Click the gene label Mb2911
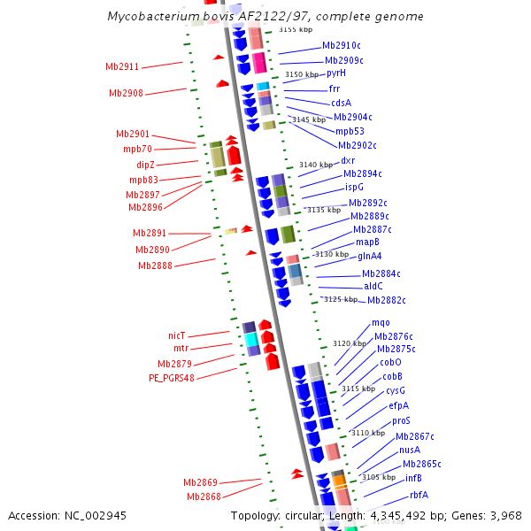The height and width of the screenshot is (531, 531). point(122,66)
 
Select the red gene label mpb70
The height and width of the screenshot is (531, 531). point(138,149)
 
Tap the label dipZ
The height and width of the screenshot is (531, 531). point(146,165)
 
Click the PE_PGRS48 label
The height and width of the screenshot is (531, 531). point(172,378)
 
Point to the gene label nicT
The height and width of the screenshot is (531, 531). point(177,335)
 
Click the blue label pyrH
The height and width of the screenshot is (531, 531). point(336,73)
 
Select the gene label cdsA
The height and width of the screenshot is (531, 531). point(341,103)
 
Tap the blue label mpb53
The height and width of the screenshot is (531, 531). point(350,131)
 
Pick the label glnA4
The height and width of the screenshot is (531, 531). point(370,257)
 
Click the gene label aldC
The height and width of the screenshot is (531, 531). point(373,286)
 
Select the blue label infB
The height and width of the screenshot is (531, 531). point(413,478)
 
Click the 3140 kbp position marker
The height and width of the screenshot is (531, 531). point(316,165)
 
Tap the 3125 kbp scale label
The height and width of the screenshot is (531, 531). point(340,299)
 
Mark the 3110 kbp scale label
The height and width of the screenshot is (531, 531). point(368,433)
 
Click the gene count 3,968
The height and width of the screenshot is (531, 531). point(502,515)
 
